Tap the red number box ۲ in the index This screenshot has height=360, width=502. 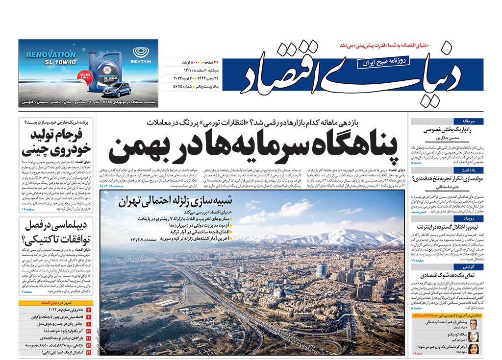click(x=89, y=311)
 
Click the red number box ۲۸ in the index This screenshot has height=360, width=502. click(x=89, y=345)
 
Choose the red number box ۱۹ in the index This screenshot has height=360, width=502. click(x=89, y=338)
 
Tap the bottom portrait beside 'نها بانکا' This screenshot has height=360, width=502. click(x=474, y=349)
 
